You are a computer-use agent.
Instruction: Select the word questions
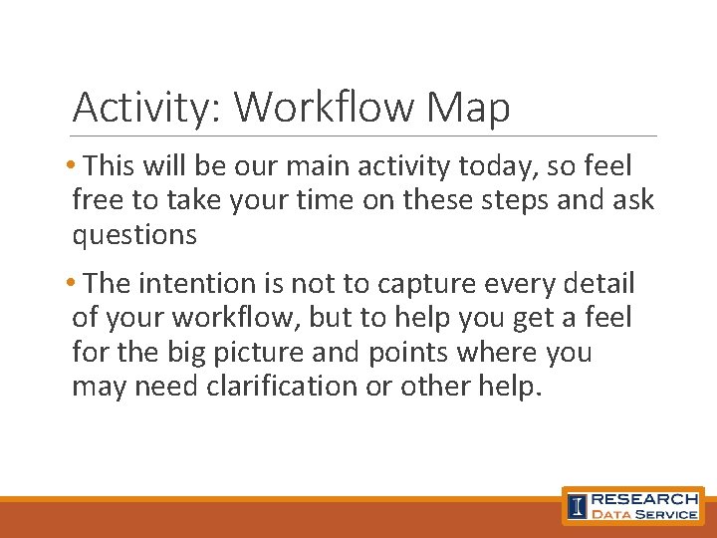tap(134, 235)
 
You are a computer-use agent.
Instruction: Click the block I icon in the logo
tap(577, 506)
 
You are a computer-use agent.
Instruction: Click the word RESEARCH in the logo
tap(644, 498)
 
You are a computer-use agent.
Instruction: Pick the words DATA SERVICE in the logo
tap(644, 514)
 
